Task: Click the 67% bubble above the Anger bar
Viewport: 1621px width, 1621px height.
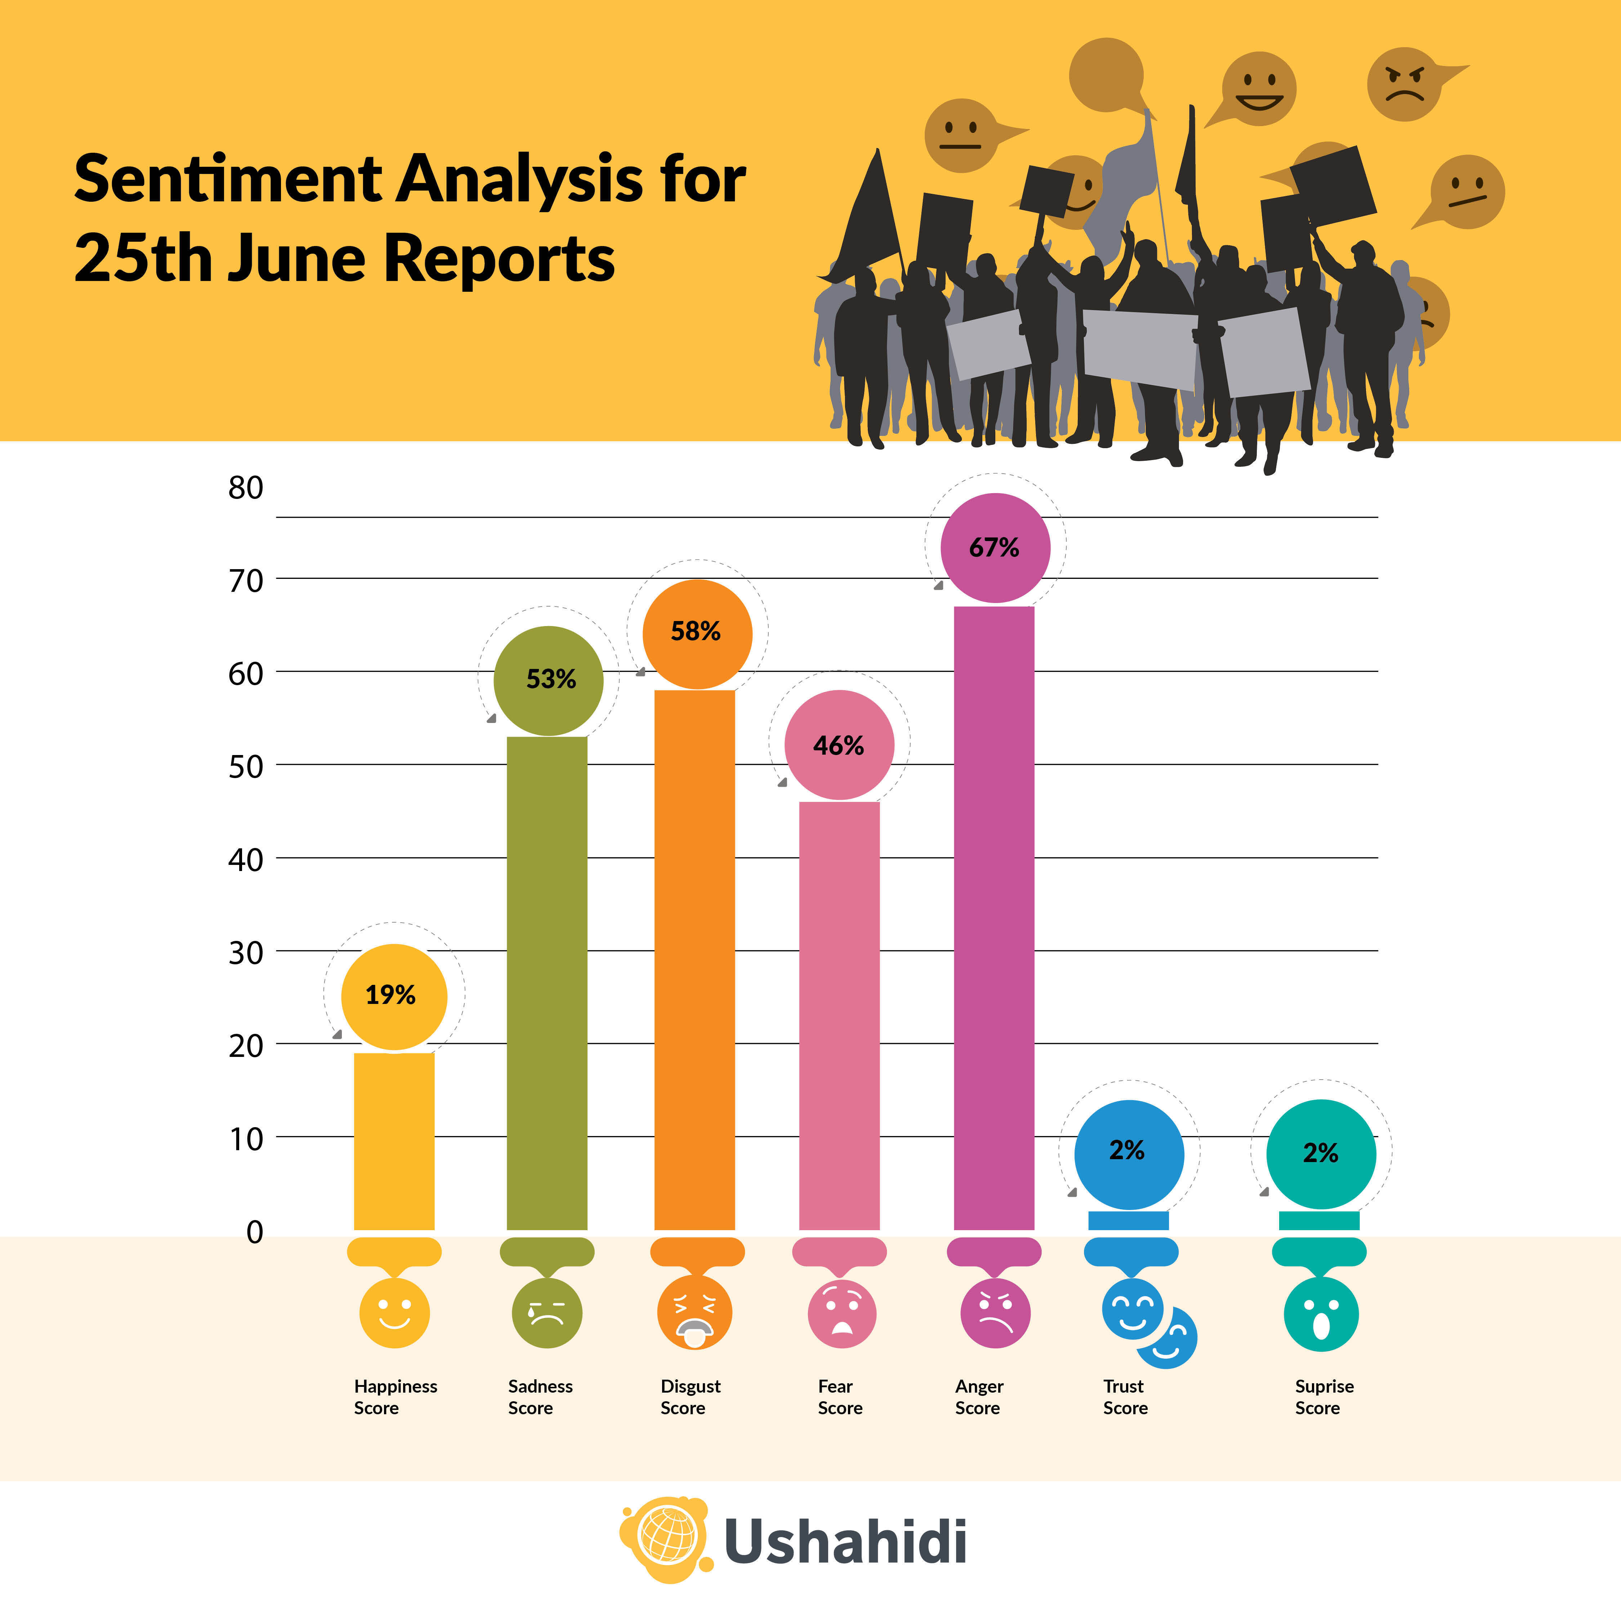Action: pos(995,548)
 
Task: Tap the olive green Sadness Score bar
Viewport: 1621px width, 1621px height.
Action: pos(547,982)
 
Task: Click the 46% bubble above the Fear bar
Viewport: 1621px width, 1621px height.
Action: pos(839,745)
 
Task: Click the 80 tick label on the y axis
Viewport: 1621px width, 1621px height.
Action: pos(246,487)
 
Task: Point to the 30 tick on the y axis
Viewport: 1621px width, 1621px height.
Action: pos(246,952)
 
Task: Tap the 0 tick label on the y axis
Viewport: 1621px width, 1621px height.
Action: pos(254,1232)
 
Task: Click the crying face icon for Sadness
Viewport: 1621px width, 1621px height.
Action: pos(546,1313)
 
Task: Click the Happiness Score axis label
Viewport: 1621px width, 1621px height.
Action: pos(395,1397)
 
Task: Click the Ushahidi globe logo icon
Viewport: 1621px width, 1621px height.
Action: pos(667,1540)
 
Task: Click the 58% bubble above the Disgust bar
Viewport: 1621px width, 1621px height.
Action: pos(696,632)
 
